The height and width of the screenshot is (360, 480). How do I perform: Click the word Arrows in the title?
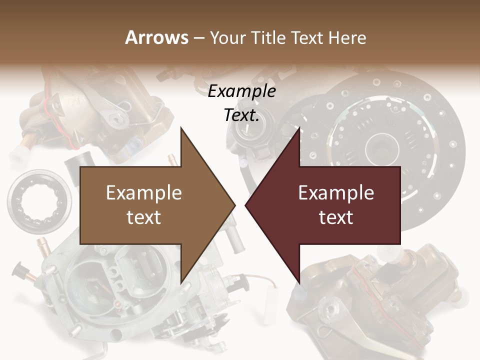pos(157,37)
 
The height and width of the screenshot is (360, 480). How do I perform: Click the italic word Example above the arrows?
pos(241,91)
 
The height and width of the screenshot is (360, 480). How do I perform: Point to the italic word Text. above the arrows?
pos(241,115)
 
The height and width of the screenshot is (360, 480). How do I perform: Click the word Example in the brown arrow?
pos(144,193)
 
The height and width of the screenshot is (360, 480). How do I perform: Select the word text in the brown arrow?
pos(144,217)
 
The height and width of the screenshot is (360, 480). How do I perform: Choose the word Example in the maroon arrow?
pos(336,193)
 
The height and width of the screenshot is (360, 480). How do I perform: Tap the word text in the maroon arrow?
pos(336,217)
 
